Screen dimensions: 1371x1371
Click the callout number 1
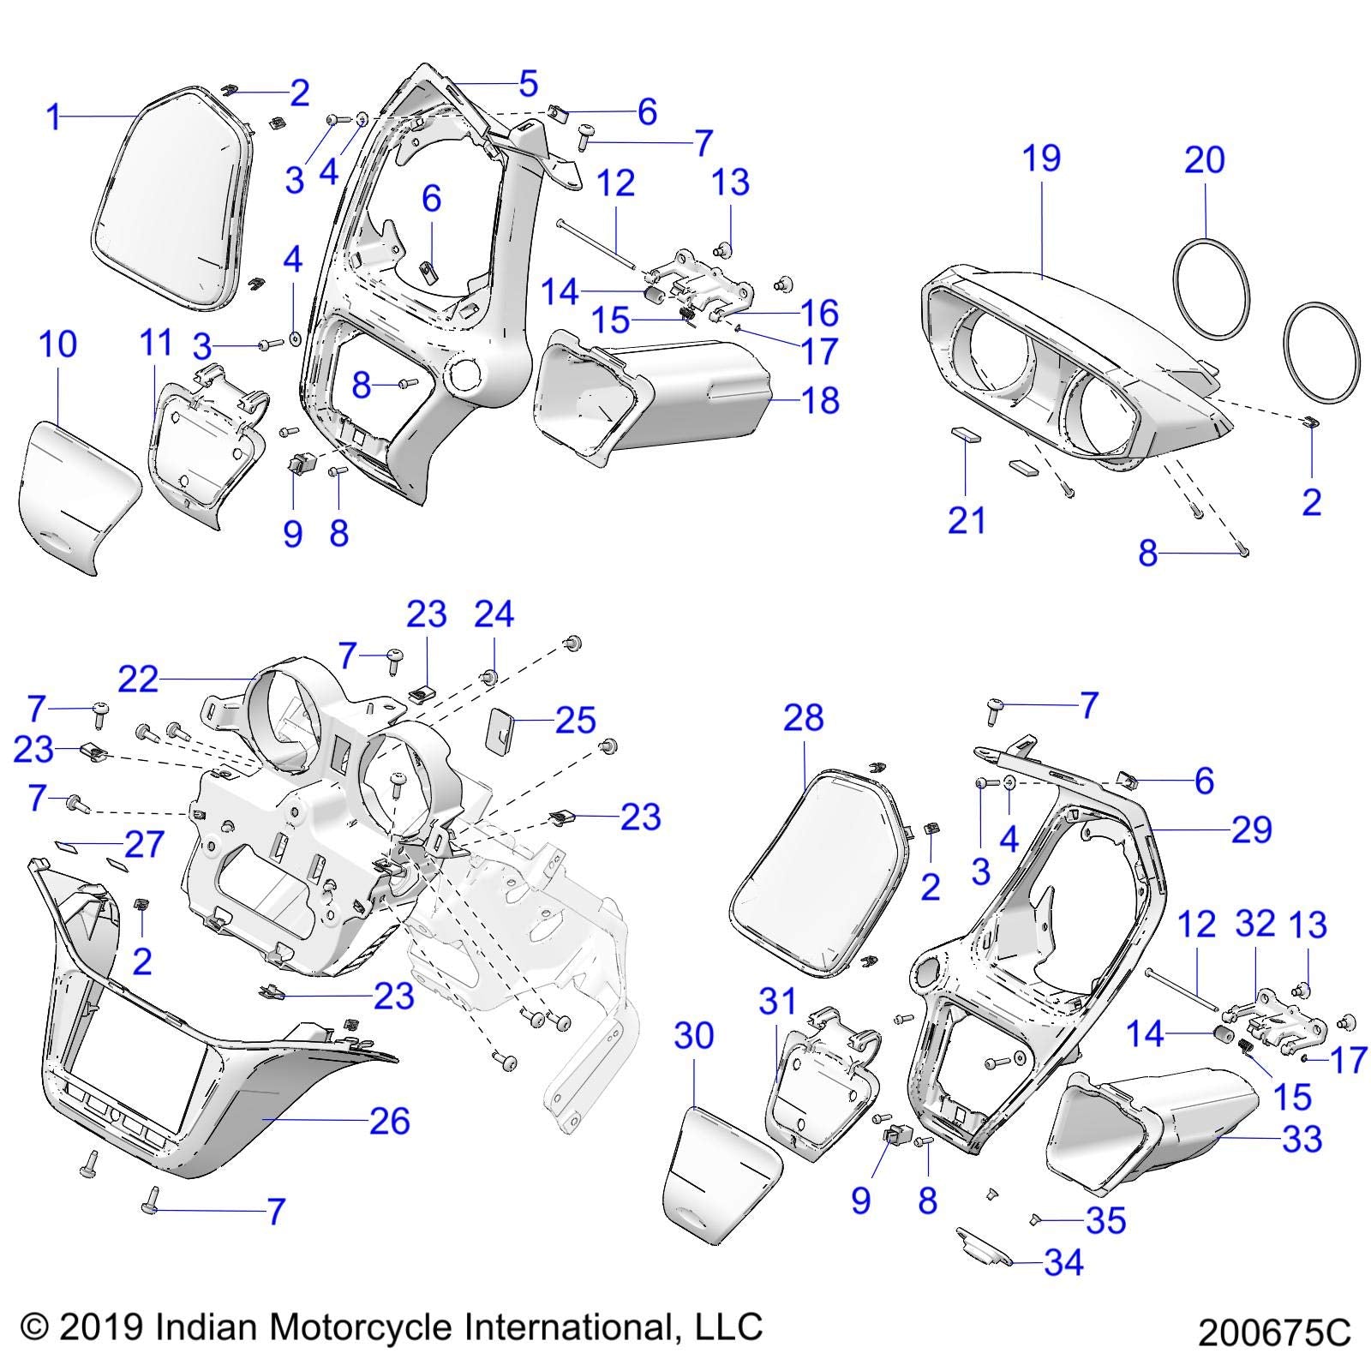(54, 117)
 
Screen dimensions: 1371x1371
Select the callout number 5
(528, 84)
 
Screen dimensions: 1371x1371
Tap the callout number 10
(58, 344)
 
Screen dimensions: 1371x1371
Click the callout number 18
(820, 400)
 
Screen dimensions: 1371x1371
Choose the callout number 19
(1042, 159)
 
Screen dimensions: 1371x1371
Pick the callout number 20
(1205, 160)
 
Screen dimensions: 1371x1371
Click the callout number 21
(967, 520)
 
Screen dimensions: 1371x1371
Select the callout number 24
(494, 614)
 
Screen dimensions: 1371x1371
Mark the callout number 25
(575, 721)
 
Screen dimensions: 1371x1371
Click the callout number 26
(390, 1120)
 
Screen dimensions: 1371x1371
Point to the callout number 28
(803, 717)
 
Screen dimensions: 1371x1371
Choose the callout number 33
(1302, 1139)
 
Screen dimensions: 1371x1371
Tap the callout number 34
(1063, 1262)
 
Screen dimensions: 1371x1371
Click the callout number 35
(1105, 1220)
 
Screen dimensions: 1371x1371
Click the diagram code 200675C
(1274, 1334)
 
